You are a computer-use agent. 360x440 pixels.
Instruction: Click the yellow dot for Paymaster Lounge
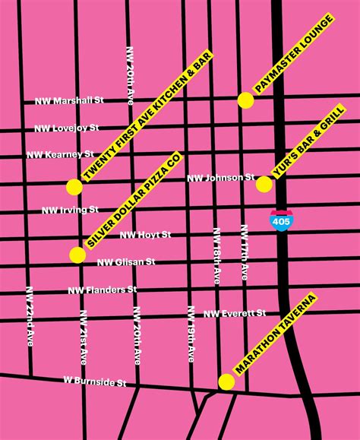pos(245,100)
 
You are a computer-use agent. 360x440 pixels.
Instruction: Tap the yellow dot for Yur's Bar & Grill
pos(264,184)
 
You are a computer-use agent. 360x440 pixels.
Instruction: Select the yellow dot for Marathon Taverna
pos(226,381)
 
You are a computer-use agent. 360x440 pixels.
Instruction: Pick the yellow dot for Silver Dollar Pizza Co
pos(77,255)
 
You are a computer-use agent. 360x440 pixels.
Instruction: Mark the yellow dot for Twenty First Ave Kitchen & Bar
pos(74,187)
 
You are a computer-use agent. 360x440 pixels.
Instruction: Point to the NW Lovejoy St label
pos(65,128)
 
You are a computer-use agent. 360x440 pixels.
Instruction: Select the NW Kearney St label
pos(60,155)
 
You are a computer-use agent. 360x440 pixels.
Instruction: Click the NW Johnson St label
pos(221,178)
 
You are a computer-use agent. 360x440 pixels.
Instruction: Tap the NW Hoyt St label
pos(145,235)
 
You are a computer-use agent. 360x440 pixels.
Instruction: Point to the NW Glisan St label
pos(126,262)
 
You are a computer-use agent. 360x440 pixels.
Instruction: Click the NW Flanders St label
pos(102,290)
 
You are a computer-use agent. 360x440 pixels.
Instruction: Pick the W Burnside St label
pos(94,381)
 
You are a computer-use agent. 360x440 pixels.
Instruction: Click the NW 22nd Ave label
pos(30,314)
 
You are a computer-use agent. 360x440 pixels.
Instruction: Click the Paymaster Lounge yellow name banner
pos(293,53)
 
